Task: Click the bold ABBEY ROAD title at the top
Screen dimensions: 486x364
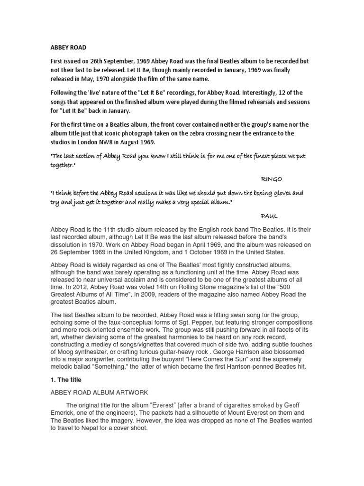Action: click(x=69, y=48)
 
